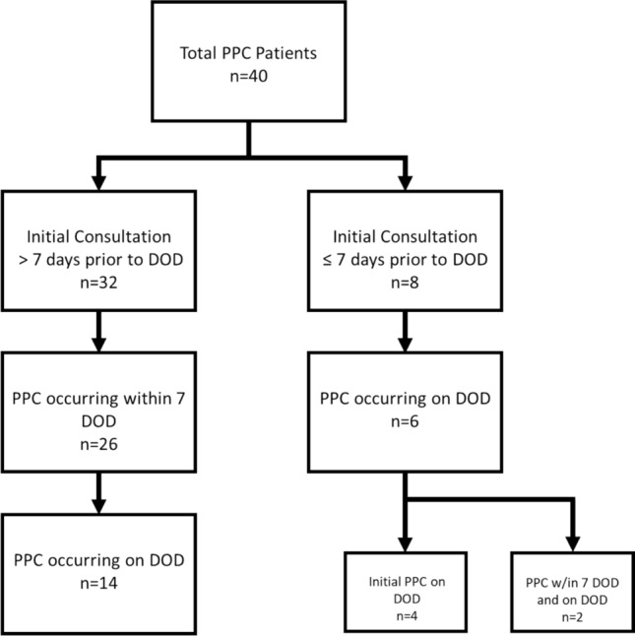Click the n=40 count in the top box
click(248, 76)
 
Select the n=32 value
click(98, 283)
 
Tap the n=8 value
click(405, 283)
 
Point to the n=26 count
click(98, 444)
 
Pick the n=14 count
click(98, 583)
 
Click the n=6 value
click(405, 421)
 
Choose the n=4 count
click(407, 615)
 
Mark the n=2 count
click(573, 617)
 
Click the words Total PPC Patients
click(248, 53)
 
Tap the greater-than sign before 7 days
click(23, 260)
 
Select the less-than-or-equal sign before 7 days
click(327, 260)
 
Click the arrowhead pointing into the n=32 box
click(98, 183)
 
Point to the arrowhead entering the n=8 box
click(405, 183)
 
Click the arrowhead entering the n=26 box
click(98, 345)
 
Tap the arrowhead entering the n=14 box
click(98, 507)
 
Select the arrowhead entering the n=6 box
click(405, 345)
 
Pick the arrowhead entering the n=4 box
click(405, 544)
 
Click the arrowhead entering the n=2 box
click(573, 544)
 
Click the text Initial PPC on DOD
click(407, 590)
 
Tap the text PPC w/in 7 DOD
click(573, 583)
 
